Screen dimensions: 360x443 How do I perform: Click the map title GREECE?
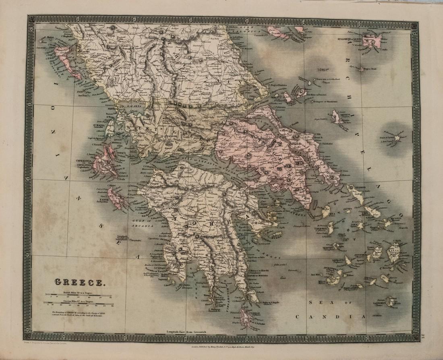[79, 283]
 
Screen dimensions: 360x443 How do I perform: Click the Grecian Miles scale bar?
[79, 304]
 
